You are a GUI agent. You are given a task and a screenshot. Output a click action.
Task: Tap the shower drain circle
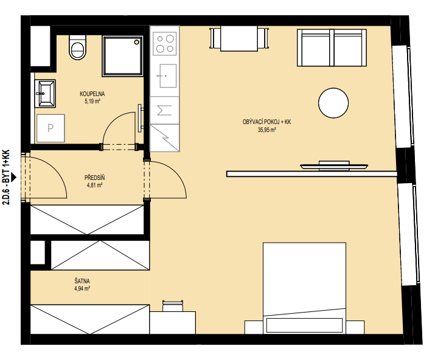[x=136, y=42]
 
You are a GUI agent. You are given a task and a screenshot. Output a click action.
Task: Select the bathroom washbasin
[x=45, y=94]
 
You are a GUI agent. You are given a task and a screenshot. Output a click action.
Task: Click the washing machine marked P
[x=50, y=128]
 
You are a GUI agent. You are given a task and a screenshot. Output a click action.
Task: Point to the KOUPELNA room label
[x=92, y=94]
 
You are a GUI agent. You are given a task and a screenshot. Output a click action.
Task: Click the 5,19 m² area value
[x=92, y=101]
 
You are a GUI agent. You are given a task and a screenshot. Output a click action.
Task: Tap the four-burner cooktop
[x=165, y=43]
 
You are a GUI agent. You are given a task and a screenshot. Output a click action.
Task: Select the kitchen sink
[x=168, y=76]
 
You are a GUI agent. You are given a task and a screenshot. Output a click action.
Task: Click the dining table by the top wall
[x=239, y=38]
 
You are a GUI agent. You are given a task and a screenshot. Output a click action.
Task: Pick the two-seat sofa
[x=332, y=47]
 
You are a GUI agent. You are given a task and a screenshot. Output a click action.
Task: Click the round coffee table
[x=333, y=103]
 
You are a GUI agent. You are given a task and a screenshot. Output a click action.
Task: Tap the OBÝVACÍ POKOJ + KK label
[x=266, y=122]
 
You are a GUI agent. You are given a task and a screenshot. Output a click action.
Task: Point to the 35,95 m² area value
[x=266, y=130]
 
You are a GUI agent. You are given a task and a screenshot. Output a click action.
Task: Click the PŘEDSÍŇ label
[x=94, y=178]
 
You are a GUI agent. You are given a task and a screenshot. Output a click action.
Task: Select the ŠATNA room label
[x=82, y=281]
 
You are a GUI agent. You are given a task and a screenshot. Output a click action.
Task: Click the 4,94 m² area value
[x=82, y=289]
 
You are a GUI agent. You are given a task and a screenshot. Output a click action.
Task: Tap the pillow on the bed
[x=304, y=325]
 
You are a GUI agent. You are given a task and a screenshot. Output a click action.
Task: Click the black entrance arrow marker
[x=13, y=178]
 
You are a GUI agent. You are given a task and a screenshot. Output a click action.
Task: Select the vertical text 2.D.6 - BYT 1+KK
[x=6, y=178]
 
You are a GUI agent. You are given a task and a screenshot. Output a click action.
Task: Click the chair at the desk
[x=173, y=306]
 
